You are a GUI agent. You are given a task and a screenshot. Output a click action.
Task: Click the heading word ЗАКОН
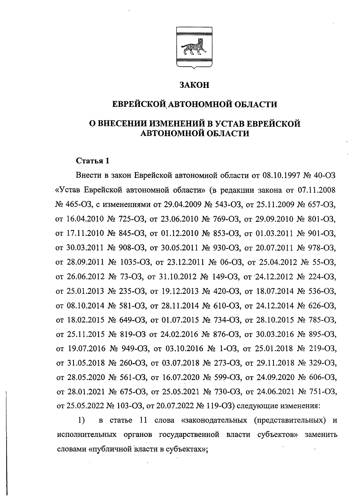pos(194,85)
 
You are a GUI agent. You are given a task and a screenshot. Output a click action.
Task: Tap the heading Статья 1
pos(93,161)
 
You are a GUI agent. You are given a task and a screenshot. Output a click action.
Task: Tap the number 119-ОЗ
pos(220,406)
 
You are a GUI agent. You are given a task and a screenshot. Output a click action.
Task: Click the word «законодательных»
pos(214,420)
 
